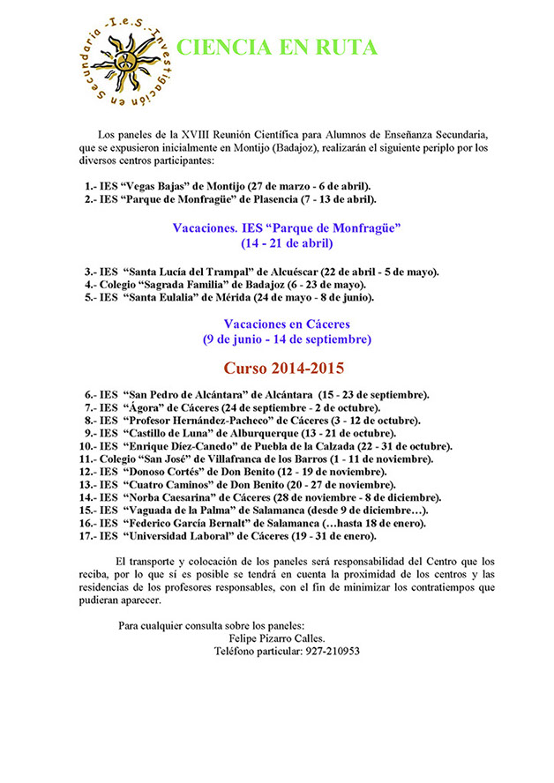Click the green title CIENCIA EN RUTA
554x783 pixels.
[x=276, y=48]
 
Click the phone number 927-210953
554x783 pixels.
[x=326, y=651]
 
